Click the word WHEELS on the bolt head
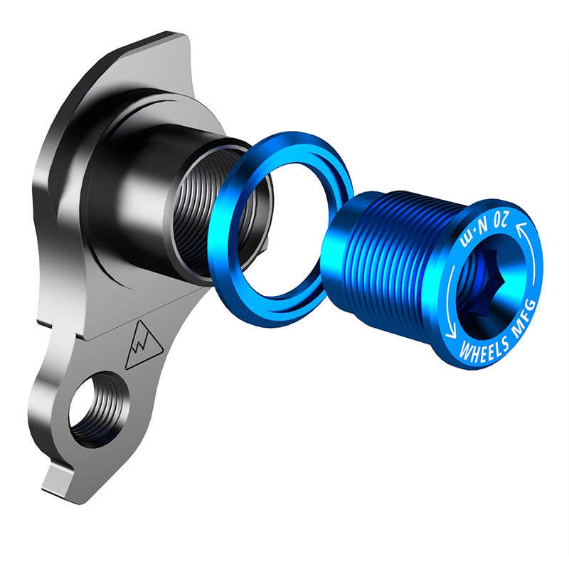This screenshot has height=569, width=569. pyautogui.click(x=481, y=347)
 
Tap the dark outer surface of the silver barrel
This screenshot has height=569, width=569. pyautogui.click(x=142, y=192)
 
